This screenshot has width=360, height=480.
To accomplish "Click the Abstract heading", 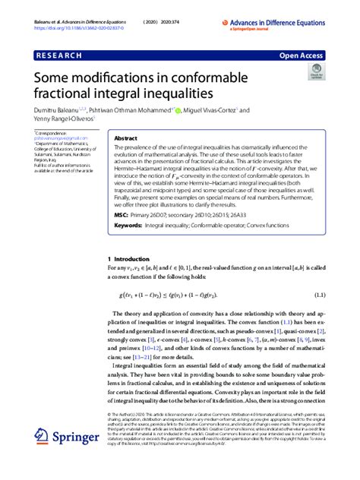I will click(125, 139).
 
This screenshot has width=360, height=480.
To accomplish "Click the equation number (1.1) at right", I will click(318, 294).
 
